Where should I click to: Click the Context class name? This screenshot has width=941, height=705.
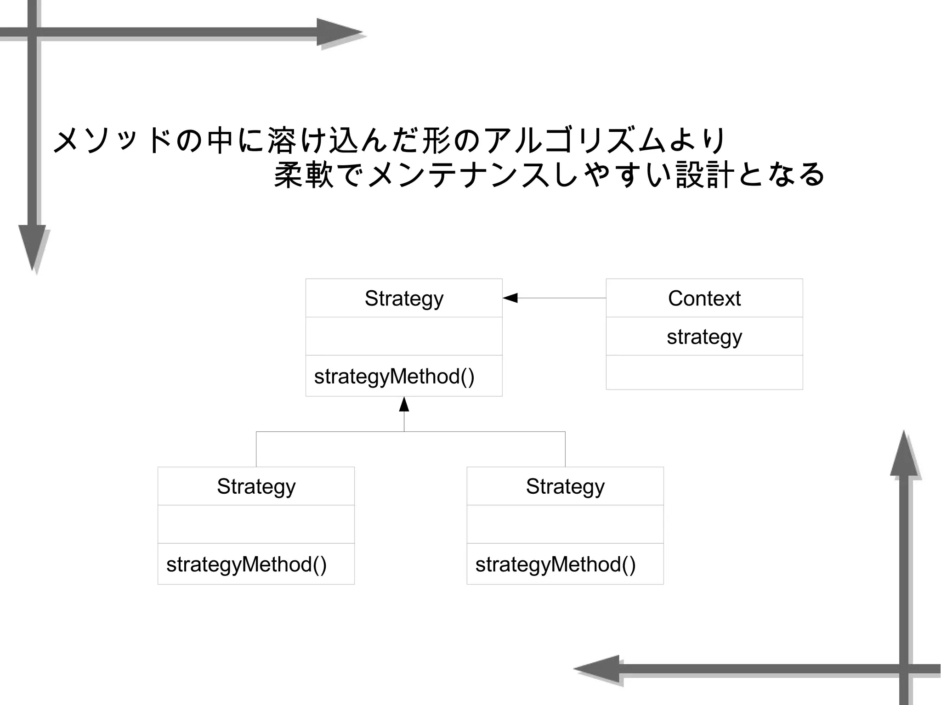click(704, 299)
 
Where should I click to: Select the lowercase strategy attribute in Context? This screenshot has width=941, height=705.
click(704, 337)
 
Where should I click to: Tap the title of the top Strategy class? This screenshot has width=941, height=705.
click(404, 299)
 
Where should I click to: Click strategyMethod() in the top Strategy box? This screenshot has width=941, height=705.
click(394, 377)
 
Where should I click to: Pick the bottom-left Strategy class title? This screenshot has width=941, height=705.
click(256, 486)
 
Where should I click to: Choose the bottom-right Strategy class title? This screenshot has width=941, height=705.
click(565, 486)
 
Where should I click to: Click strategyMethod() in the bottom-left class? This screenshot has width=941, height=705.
click(246, 564)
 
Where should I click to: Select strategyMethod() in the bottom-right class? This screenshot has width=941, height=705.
click(556, 564)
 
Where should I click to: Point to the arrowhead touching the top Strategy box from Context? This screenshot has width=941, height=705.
click(510, 298)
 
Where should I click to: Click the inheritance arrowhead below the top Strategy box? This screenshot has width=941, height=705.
click(404, 404)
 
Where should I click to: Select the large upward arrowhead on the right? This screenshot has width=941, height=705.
click(903, 455)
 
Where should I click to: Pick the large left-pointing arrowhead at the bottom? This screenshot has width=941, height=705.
click(597, 669)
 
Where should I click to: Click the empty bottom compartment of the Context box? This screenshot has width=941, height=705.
click(704, 372)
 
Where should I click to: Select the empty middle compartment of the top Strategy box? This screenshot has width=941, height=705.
click(404, 336)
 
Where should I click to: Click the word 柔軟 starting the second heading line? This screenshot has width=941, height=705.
click(303, 175)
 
